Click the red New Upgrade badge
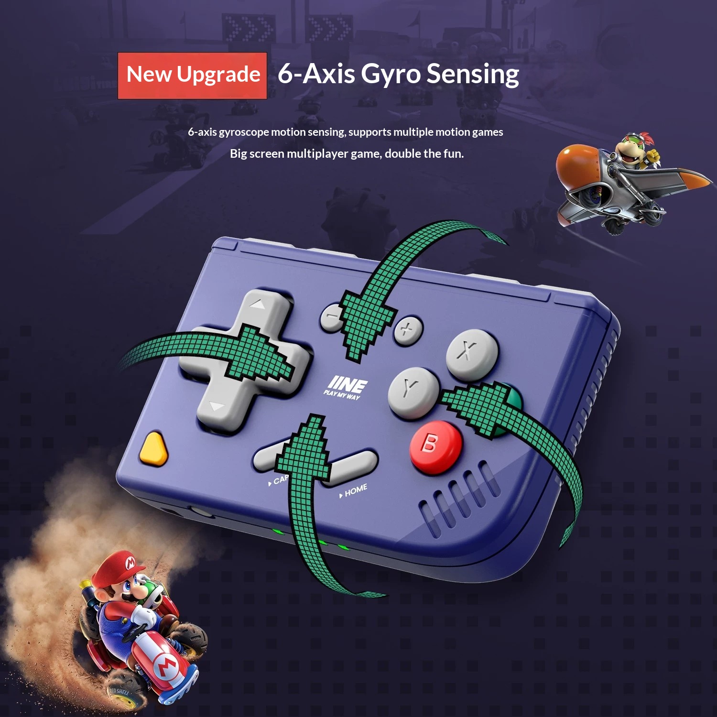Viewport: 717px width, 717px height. pyautogui.click(x=192, y=76)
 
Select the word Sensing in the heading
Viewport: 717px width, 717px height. pyautogui.click(x=473, y=75)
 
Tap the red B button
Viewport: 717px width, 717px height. pyautogui.click(x=435, y=446)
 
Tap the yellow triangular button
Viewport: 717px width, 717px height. pyautogui.click(x=154, y=448)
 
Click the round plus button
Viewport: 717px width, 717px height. pyautogui.click(x=408, y=329)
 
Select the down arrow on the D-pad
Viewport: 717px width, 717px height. pyautogui.click(x=217, y=407)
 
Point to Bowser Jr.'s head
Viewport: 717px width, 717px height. pyautogui.click(x=633, y=149)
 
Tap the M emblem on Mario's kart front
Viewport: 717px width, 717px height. pyautogui.click(x=165, y=667)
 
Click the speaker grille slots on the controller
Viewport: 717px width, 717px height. pyautogui.click(x=459, y=497)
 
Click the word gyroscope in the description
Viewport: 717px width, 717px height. pyautogui.click(x=244, y=132)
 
